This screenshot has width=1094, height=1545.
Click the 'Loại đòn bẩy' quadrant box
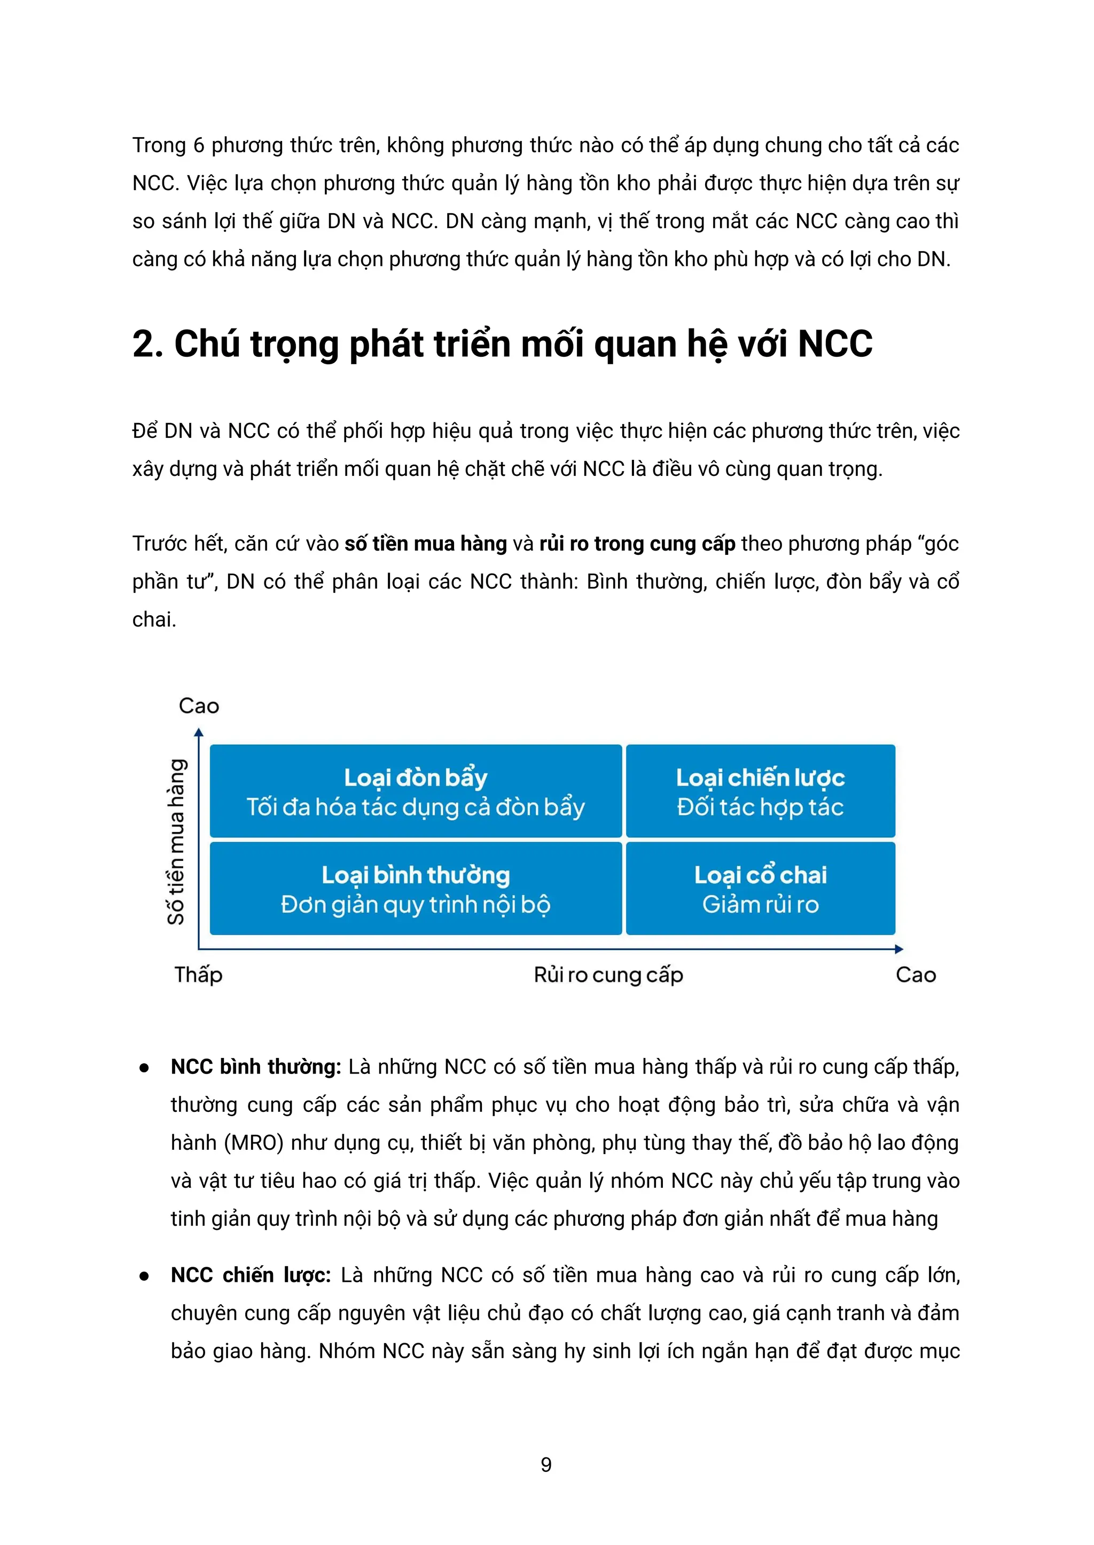(x=416, y=791)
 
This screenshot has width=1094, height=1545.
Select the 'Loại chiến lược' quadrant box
(x=761, y=791)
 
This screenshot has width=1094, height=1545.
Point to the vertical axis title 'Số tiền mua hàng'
(x=176, y=842)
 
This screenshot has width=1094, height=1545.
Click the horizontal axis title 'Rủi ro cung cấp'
(x=608, y=975)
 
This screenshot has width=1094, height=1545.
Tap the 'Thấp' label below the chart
(x=198, y=975)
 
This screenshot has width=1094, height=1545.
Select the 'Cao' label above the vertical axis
(x=199, y=706)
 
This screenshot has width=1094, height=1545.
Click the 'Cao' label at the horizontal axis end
(x=916, y=975)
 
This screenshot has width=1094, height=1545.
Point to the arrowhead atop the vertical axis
(x=199, y=733)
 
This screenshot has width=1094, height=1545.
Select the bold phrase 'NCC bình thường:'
(x=256, y=1067)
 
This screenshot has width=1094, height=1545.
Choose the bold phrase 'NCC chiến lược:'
(x=251, y=1275)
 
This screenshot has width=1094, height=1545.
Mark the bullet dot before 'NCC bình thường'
(x=144, y=1068)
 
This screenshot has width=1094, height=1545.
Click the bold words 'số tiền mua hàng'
(x=426, y=544)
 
